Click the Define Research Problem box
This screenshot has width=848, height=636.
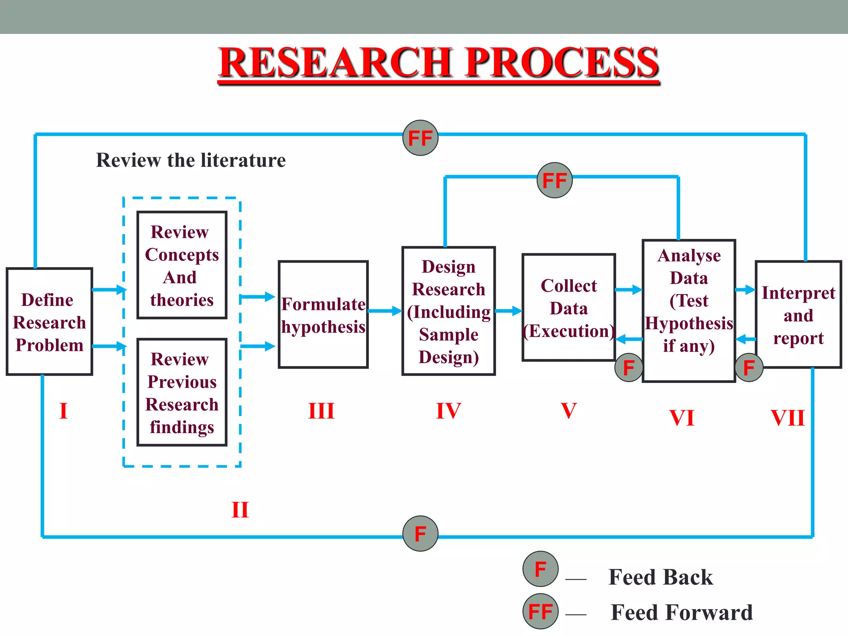(x=49, y=322)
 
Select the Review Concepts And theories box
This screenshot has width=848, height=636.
(x=182, y=265)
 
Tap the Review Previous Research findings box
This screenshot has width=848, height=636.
(x=182, y=393)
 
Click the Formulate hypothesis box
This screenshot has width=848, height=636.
(x=323, y=315)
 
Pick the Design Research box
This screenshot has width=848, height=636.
(x=448, y=311)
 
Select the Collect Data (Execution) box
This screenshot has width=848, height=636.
(x=569, y=308)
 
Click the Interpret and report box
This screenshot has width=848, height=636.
(x=798, y=315)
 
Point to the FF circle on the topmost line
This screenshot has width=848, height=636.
(x=420, y=138)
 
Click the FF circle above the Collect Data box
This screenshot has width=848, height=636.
(x=554, y=180)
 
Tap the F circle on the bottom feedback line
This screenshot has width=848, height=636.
(x=420, y=534)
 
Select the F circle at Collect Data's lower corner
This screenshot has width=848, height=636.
(x=629, y=367)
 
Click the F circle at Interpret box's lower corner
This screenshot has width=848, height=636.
(x=749, y=367)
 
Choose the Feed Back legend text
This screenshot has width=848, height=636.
(x=660, y=577)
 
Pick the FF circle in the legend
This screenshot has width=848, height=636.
(x=540, y=611)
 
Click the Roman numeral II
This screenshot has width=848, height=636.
(x=240, y=510)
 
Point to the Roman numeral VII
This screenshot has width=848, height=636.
(x=788, y=418)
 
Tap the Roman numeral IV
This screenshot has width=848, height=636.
(x=448, y=411)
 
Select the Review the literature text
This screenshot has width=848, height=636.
(x=191, y=160)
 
